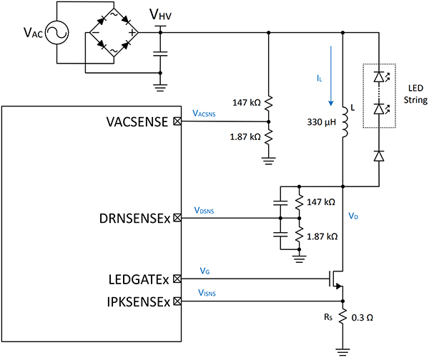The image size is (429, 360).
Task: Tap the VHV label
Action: pyautogui.click(x=160, y=15)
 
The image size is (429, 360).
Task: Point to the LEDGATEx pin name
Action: pyautogui.click(x=133, y=281)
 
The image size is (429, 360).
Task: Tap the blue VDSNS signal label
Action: pyautogui.click(x=205, y=211)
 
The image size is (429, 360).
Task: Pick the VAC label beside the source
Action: pyautogui.click(x=21, y=34)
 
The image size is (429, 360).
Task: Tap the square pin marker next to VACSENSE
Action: pyautogui.click(x=177, y=122)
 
